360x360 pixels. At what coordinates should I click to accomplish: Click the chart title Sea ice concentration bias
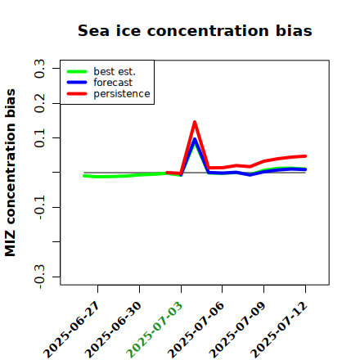coord(195,30)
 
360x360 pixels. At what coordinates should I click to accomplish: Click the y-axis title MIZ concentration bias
coord(11,173)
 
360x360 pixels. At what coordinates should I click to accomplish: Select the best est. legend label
coord(115,71)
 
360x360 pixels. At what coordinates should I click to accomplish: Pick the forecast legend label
coord(113,83)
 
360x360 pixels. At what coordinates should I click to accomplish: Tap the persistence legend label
coord(122,94)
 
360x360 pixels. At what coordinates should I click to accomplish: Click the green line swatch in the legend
coord(77,71)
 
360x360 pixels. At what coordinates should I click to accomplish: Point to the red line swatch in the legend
coord(77,94)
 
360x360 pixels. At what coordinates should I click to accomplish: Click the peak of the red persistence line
coord(195,122)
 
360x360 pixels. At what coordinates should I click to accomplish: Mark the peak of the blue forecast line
coord(195,139)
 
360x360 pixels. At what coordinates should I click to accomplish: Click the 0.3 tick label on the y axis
coord(39,68)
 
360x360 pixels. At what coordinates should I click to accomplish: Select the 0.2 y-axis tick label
coord(39,103)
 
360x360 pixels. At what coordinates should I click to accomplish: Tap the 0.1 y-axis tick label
coord(39,138)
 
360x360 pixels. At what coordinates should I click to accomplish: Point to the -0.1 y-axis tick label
coord(39,207)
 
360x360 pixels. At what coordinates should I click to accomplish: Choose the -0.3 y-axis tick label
coord(39,277)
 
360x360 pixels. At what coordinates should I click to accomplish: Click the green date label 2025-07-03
coord(154,330)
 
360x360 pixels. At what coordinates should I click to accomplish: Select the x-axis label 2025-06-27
coord(71,330)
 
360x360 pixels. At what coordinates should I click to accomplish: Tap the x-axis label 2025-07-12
coord(278,330)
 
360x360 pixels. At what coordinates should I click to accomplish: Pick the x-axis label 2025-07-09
coord(237,330)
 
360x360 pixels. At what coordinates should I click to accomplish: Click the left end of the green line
coord(84,176)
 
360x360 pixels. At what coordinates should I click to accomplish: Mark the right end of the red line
coord(305,156)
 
